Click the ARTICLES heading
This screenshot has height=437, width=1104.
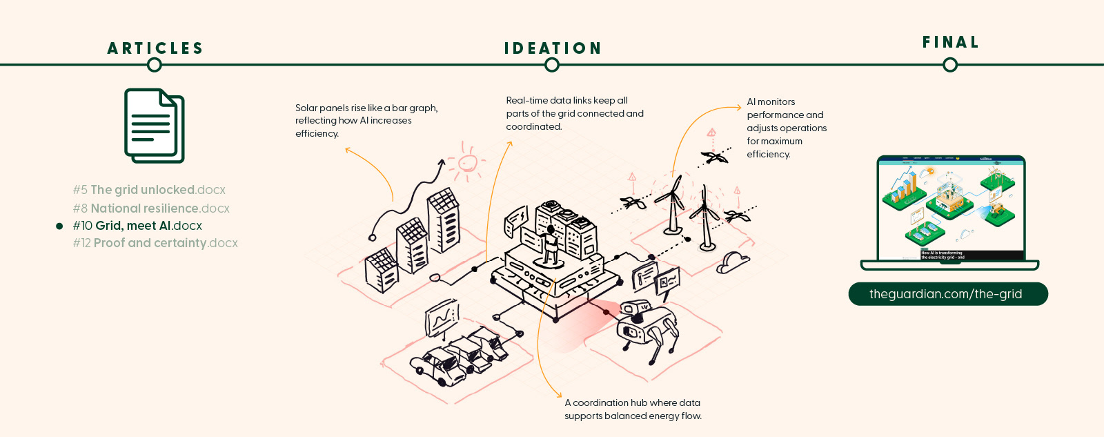155,48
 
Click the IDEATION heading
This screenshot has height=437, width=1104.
553,48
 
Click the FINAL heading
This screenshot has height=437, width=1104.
951,42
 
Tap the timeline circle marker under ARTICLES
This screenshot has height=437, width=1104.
155,65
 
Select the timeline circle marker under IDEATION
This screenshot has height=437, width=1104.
552,65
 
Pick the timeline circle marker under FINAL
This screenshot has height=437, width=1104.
950,65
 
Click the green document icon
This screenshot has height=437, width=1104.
155,126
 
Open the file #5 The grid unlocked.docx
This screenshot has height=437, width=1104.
149,190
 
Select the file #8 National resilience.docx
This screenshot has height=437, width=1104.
151,208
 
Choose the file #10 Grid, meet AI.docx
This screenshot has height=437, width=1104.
137,226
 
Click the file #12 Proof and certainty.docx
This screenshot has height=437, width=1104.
155,243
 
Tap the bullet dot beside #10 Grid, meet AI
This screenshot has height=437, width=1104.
59,226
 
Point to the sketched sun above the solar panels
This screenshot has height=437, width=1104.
468,163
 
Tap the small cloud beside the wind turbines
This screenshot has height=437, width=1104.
732,263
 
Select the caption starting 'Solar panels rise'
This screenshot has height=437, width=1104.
366,121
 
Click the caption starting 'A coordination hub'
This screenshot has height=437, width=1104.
633,409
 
